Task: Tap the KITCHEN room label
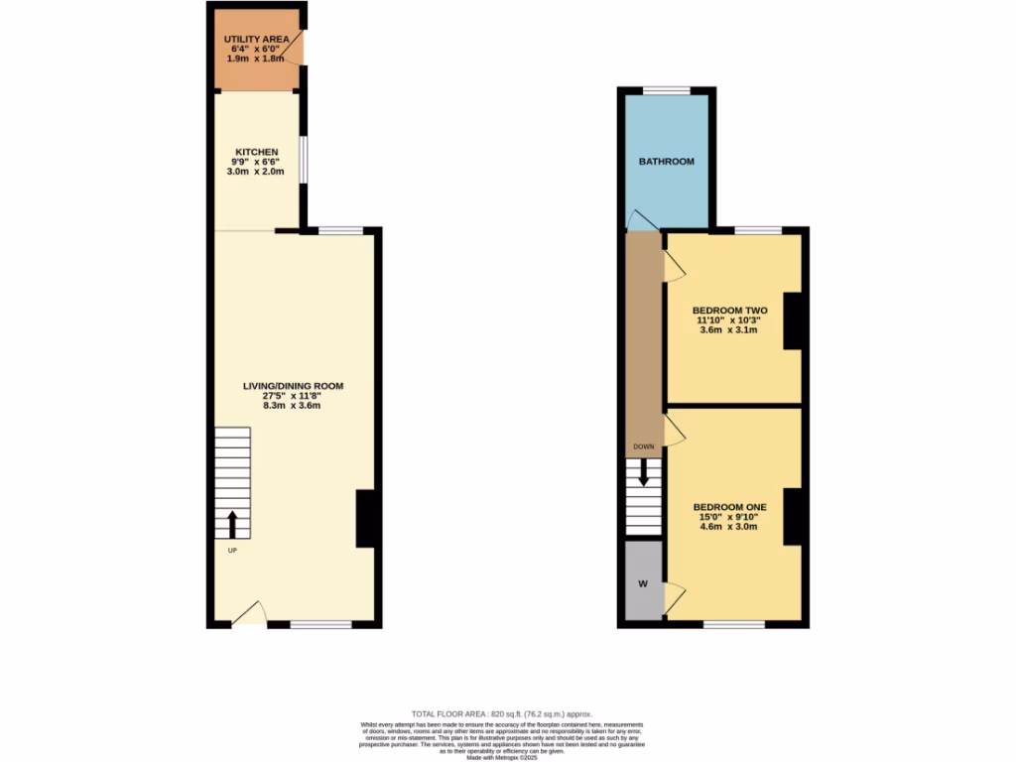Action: (255, 152)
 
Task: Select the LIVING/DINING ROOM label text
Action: (294, 385)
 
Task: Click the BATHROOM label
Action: (666, 161)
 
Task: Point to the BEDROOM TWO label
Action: (729, 311)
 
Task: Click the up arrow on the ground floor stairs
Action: (233, 524)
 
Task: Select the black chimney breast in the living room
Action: (365, 519)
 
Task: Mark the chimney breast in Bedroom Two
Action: (792, 321)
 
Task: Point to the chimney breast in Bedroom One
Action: (792, 517)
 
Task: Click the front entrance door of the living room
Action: (248, 613)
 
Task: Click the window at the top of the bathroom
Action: (665, 91)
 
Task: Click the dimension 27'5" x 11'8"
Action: (294, 395)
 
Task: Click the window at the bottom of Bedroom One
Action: (734, 625)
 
